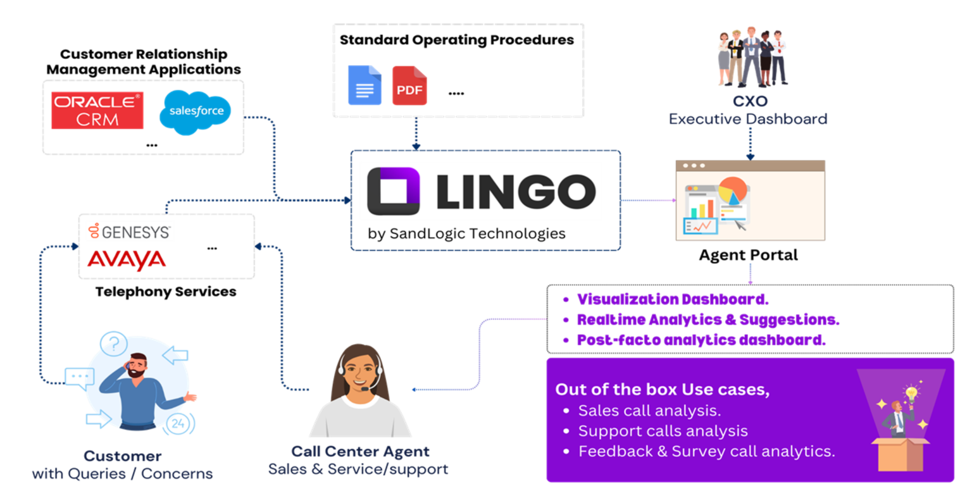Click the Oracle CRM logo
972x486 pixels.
click(97, 110)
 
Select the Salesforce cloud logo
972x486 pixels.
click(195, 112)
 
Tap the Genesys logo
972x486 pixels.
click(130, 232)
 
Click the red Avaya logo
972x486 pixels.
click(126, 260)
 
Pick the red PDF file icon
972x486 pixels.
click(409, 86)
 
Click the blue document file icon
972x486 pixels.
click(364, 85)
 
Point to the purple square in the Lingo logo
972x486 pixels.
click(393, 190)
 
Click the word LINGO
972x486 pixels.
click(516, 190)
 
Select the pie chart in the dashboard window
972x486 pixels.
click(732, 191)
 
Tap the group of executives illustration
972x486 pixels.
click(752, 57)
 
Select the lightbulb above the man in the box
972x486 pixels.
click(911, 392)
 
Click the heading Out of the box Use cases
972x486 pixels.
click(662, 389)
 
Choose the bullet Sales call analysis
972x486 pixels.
click(649, 410)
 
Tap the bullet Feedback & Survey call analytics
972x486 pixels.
click(706, 451)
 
